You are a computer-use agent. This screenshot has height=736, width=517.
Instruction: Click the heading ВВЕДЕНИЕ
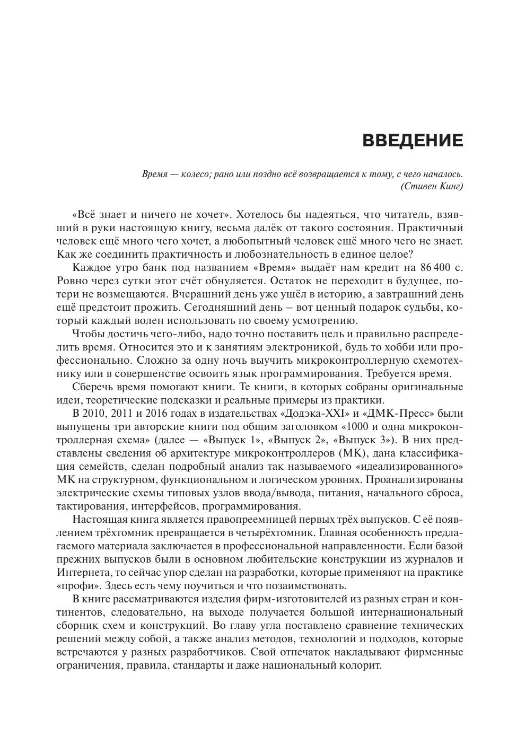[x=413, y=141]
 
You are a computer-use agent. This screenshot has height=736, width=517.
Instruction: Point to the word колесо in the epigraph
[x=190, y=174]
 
